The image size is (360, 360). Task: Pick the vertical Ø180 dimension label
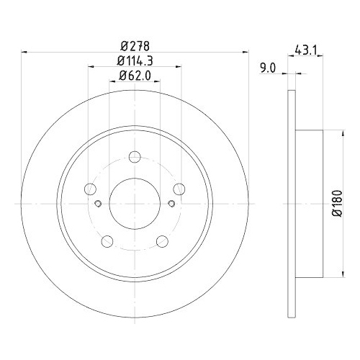335,203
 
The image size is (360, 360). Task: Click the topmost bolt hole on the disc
135,157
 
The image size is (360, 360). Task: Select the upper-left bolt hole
90,189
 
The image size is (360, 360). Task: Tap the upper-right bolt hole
179,189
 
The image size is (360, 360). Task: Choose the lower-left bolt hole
107,241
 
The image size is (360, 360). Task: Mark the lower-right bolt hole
163,241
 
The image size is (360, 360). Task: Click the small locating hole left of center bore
97,204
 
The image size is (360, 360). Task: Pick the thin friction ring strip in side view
292,203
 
